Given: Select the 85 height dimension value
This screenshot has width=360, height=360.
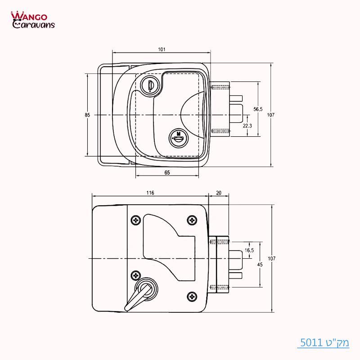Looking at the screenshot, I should pos(87,115).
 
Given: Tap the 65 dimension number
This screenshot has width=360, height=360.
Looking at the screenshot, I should pos(166,172).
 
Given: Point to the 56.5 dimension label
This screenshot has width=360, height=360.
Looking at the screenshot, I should pos(258,109).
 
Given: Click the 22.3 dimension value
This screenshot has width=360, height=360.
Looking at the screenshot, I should pos(247,126).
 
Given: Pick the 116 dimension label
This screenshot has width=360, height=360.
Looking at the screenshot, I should pos(150,193).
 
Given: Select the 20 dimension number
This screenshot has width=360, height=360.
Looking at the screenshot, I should pos(219,193).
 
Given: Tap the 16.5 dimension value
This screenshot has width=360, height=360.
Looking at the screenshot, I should pos(249,250).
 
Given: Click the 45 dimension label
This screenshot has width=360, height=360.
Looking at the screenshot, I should pos(260,265).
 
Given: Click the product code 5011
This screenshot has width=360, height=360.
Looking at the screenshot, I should pos(309,342).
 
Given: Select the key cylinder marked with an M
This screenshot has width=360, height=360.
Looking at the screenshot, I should pos(178,137).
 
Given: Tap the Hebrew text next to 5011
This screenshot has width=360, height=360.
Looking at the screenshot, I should pos(336,342).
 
